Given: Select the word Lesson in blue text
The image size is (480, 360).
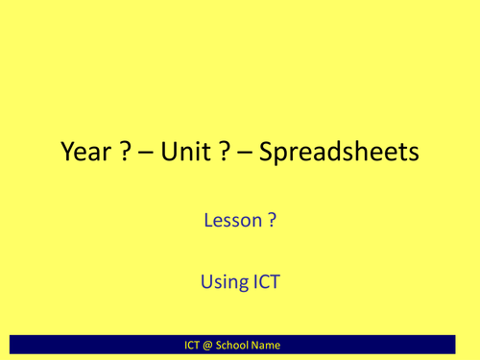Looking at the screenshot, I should pyautogui.click(x=231, y=221).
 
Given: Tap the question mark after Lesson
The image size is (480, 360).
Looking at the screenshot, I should pyautogui.click(x=273, y=221).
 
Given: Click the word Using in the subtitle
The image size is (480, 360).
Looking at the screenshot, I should pyautogui.click(x=224, y=283).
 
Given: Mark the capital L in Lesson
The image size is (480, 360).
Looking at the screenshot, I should pyautogui.click(x=208, y=221).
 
